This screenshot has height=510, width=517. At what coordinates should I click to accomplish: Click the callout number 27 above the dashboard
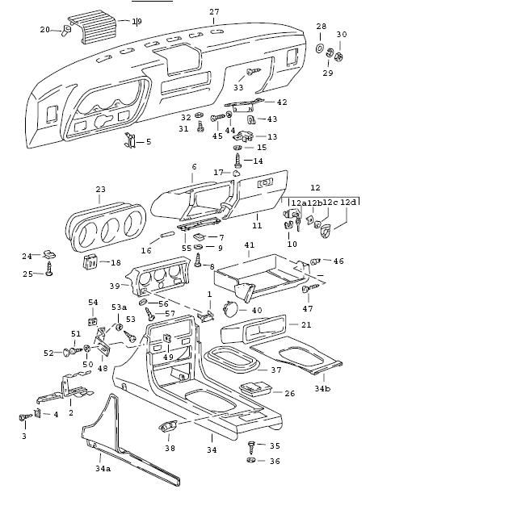click(x=214, y=11)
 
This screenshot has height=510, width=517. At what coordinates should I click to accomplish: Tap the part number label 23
click(x=99, y=190)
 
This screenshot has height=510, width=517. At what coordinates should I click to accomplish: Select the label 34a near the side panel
click(x=103, y=467)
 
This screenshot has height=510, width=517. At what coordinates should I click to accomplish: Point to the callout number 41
click(x=250, y=245)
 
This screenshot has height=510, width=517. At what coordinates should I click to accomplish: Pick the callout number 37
click(x=275, y=370)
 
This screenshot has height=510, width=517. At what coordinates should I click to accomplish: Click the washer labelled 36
click(x=252, y=461)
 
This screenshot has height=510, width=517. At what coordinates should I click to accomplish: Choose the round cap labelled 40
click(x=230, y=308)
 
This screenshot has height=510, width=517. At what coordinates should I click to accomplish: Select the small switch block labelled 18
click(x=91, y=261)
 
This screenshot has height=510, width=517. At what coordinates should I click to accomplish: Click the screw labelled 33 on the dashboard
click(x=251, y=73)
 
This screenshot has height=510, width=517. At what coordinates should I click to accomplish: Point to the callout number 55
click(x=187, y=249)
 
